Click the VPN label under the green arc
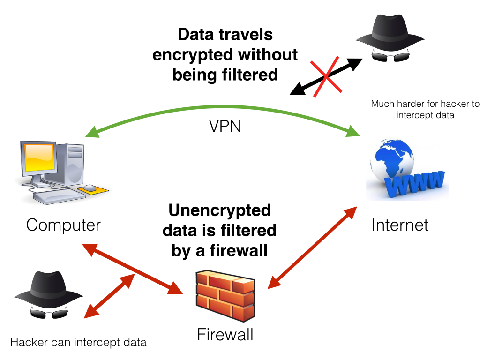[225, 126]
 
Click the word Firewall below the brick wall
[225, 335]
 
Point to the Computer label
[63, 225]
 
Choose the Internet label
[399, 225]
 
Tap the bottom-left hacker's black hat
[48, 288]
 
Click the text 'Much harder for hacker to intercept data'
[425, 109]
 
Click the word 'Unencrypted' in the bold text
[219, 210]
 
